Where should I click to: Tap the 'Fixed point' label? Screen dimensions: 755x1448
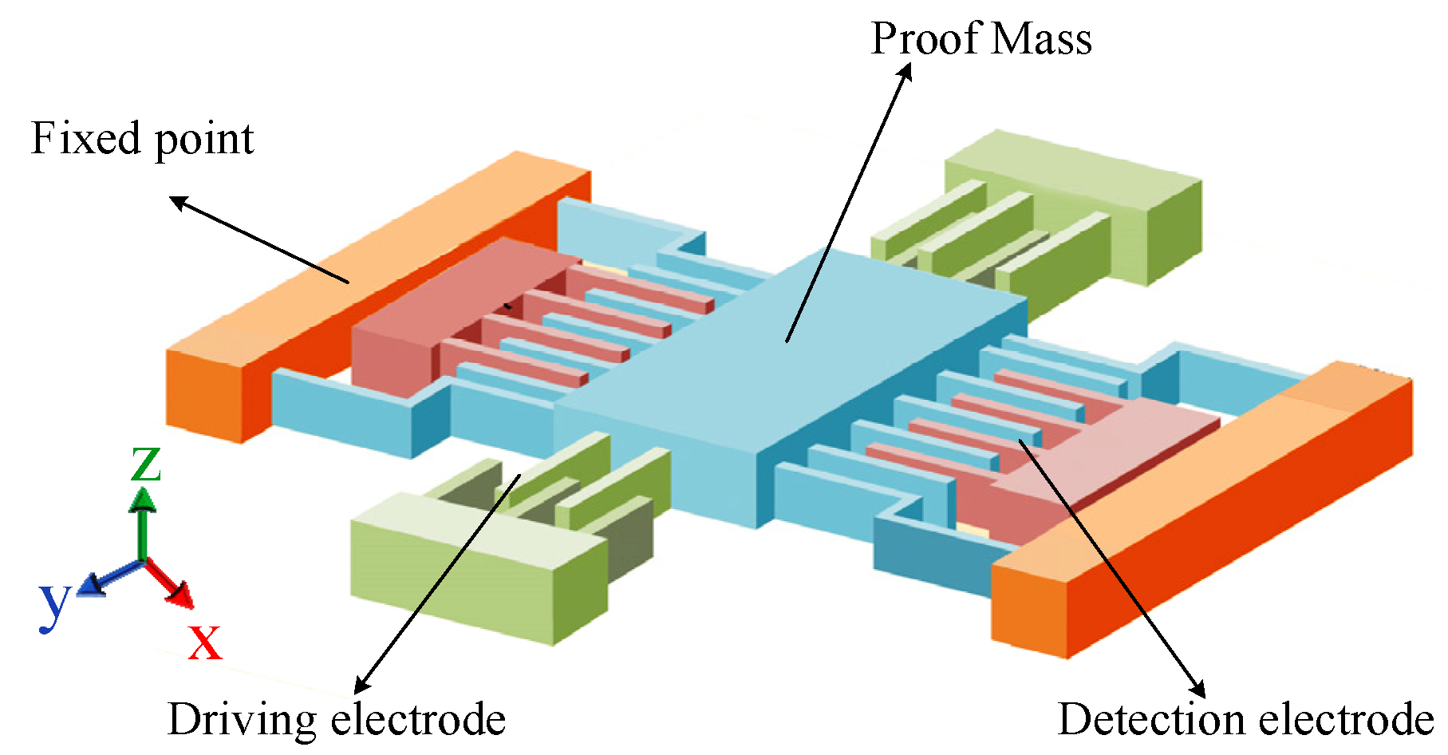(142, 139)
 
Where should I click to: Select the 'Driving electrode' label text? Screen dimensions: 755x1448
(336, 719)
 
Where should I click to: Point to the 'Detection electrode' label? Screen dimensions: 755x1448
(1245, 719)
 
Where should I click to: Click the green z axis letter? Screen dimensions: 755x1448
(146, 464)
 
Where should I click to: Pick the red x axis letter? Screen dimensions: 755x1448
(205, 642)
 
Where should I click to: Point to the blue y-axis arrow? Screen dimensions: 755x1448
(108, 578)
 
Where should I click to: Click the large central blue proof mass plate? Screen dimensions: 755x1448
(790, 375)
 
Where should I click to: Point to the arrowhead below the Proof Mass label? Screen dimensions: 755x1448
(905, 72)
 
